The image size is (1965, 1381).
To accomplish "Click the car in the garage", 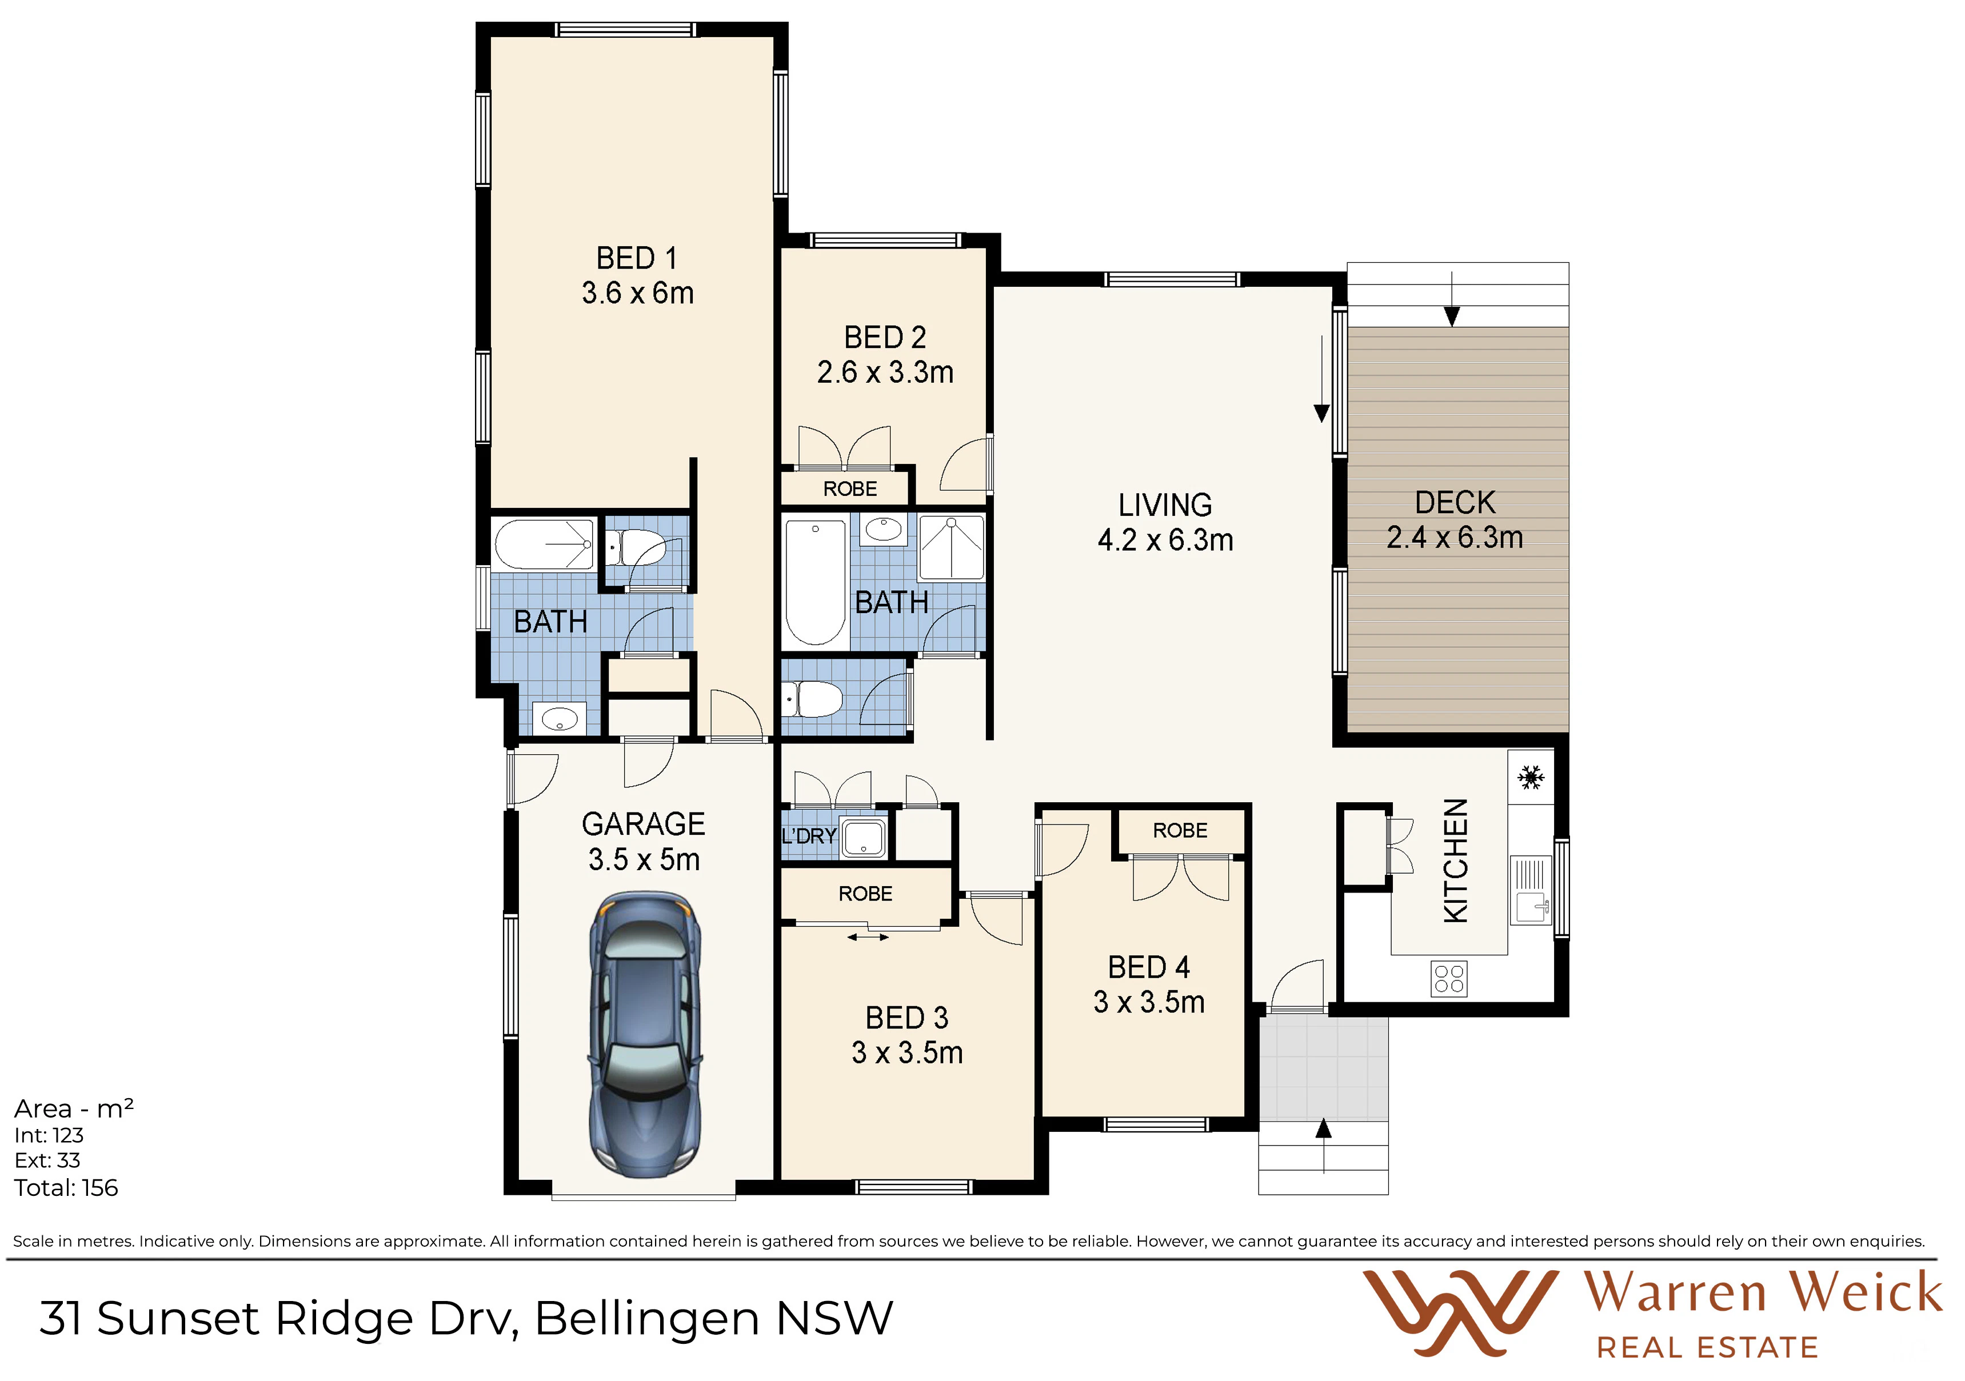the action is click(x=645, y=1035).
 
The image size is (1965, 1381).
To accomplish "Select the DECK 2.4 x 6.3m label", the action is click(x=1455, y=519).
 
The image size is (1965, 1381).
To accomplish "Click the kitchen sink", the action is click(x=1531, y=891).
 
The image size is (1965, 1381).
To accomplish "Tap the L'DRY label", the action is click(x=809, y=835).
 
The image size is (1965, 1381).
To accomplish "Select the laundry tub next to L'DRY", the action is click(x=864, y=838).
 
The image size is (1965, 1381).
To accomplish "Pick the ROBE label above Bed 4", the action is click(x=1180, y=830).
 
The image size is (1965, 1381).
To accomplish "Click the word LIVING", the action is click(x=1165, y=505).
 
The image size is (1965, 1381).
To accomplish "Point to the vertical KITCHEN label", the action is click(x=1456, y=861).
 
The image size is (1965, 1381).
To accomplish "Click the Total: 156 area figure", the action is click(x=66, y=1188).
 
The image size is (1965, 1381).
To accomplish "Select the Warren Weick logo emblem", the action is click(x=1460, y=1312).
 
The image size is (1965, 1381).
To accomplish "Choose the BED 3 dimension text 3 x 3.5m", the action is click(x=907, y=1052).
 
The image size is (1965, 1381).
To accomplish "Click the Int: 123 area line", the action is click(x=49, y=1135).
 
